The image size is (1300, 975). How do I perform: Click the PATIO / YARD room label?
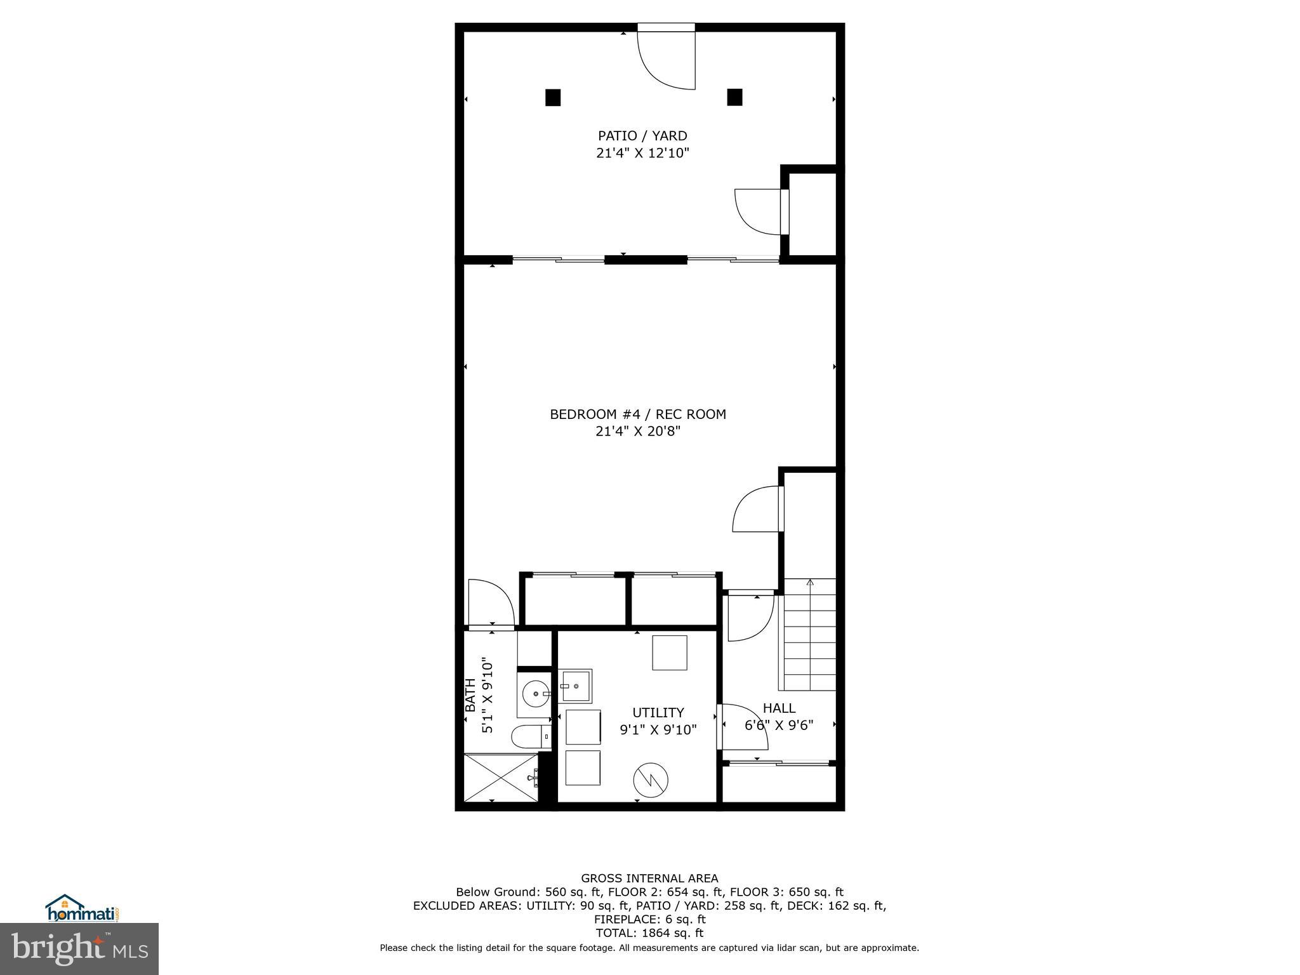click(x=642, y=136)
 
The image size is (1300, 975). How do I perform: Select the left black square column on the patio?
click(x=553, y=98)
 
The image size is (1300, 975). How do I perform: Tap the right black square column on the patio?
click(x=734, y=97)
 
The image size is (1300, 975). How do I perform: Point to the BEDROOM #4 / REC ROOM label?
click(x=637, y=415)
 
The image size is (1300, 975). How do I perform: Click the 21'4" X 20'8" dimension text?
click(x=637, y=432)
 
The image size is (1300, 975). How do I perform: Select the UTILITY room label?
click(x=658, y=712)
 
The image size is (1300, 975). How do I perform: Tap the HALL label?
click(x=779, y=708)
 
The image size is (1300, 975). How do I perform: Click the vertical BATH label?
click(x=470, y=695)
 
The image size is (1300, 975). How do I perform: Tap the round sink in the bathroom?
click(x=538, y=693)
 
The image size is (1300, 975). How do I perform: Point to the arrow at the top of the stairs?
click(x=809, y=582)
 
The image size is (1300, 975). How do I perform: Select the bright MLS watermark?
click(x=79, y=948)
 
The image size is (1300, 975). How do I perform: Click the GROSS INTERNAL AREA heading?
click(x=649, y=879)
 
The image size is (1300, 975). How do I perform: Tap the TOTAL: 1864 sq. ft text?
click(x=649, y=933)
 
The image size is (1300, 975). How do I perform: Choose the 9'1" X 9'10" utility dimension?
click(x=658, y=730)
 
